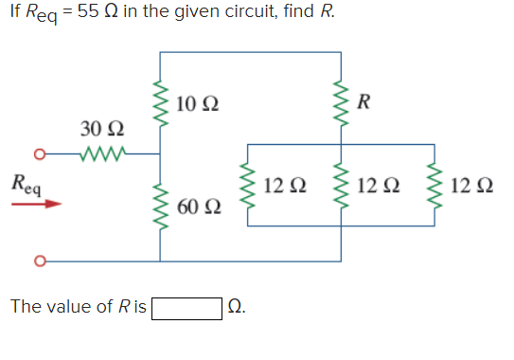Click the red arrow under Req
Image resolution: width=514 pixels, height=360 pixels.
coord(41,201)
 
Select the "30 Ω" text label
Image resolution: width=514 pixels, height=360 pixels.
coord(99,129)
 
